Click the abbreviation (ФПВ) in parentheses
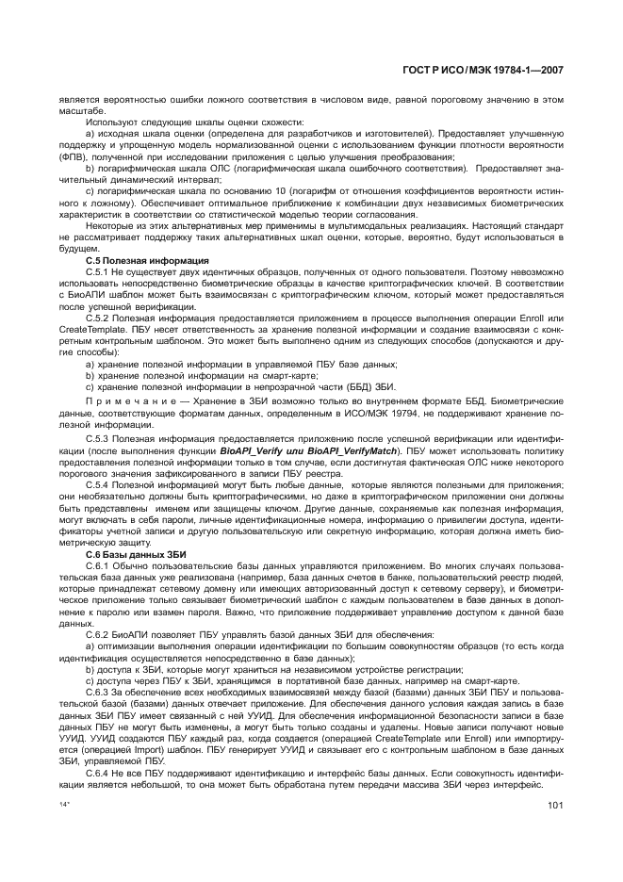pos(73,157)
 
